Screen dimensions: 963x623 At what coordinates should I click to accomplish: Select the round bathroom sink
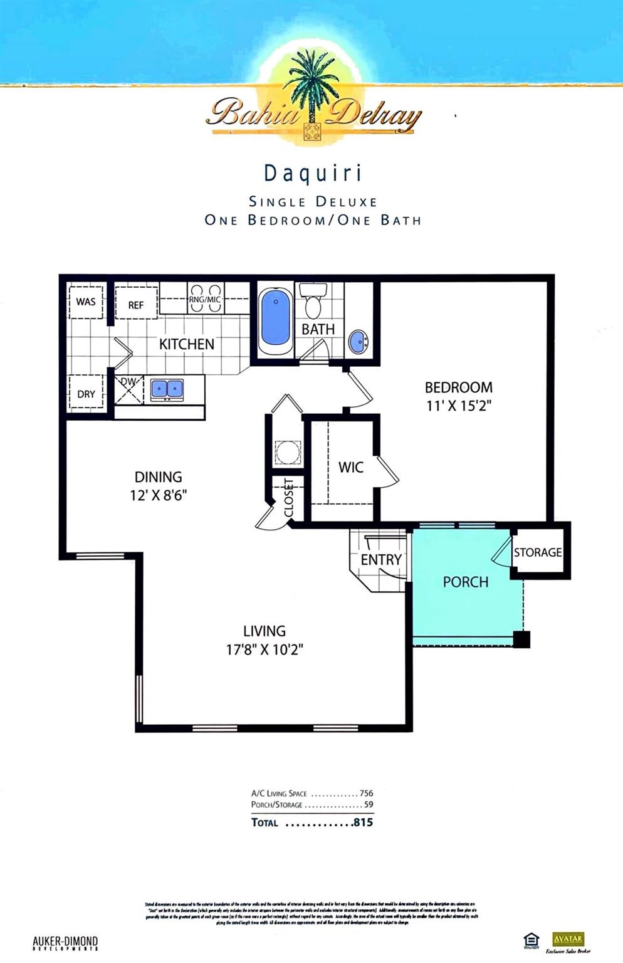[359, 342]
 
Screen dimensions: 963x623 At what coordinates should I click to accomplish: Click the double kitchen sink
[167, 389]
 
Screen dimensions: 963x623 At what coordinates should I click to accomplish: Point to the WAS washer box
[86, 302]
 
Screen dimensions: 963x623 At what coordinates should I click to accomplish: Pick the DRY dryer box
[86, 394]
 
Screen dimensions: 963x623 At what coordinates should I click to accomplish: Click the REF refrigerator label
[136, 305]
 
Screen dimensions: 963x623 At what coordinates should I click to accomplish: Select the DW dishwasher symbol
[129, 389]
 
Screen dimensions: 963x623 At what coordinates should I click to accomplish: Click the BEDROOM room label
[458, 387]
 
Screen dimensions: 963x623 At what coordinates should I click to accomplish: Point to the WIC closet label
[350, 467]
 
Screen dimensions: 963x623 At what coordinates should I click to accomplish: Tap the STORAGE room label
[538, 552]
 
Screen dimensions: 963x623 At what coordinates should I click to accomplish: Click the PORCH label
[465, 582]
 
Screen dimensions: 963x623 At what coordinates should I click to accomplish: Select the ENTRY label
[381, 559]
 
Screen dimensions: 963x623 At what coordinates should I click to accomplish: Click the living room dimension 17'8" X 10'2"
[264, 650]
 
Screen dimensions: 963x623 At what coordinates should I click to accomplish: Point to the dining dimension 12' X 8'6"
[159, 495]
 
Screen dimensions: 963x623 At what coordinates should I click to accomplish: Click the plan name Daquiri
[313, 173]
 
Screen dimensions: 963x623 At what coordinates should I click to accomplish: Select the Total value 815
[363, 822]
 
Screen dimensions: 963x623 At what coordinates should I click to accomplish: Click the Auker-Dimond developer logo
[65, 943]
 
